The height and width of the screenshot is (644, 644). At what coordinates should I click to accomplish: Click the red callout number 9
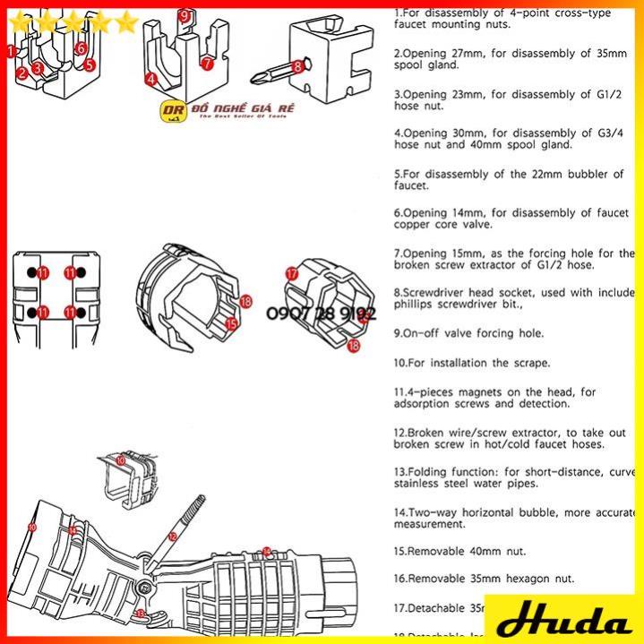(185, 15)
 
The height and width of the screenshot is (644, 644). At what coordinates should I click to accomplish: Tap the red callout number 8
(298, 65)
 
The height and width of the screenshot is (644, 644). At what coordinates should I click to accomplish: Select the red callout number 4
(151, 79)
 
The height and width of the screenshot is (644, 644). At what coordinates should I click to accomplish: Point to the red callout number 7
(207, 64)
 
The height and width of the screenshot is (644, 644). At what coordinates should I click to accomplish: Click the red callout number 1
(11, 52)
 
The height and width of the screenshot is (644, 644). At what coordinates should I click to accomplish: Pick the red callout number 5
(90, 64)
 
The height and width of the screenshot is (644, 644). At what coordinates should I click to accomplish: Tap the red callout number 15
(230, 324)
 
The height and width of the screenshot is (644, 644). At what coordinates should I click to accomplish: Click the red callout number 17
(291, 273)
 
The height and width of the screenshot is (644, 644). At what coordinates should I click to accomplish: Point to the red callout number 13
(141, 613)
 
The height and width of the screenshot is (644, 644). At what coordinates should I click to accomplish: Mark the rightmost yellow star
(127, 21)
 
